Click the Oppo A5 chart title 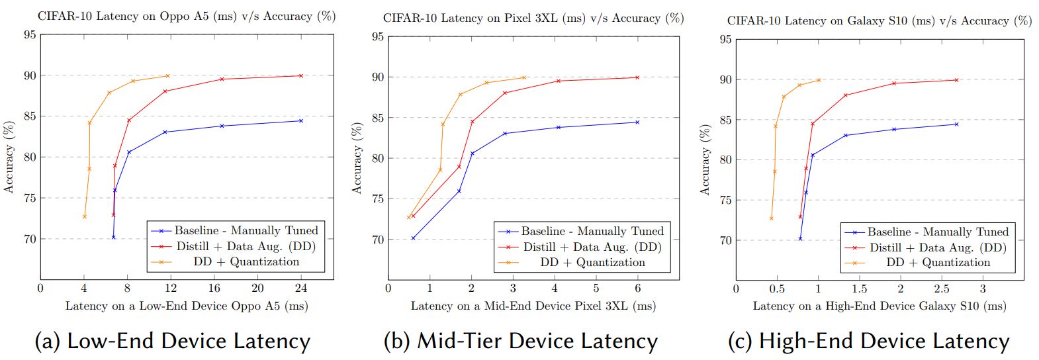click(187, 16)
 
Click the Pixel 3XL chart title click(533, 18)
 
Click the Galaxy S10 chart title click(880, 21)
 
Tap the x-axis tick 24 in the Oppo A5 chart click(301, 289)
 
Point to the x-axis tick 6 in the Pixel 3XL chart click(637, 289)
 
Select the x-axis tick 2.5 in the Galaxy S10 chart click(941, 289)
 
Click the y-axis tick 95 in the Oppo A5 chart click(30, 34)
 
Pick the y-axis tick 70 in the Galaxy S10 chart click(725, 241)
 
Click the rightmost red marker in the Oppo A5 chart click(301, 75)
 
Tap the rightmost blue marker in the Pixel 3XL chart click(637, 122)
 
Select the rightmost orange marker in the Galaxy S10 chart click(819, 81)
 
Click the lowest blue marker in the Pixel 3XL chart click(413, 238)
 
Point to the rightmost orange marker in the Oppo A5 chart click(167, 75)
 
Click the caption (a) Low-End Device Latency click(172, 341)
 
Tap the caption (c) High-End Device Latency click(868, 341)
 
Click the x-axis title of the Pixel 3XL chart click(533, 306)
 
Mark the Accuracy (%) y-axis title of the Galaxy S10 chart click(705, 159)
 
